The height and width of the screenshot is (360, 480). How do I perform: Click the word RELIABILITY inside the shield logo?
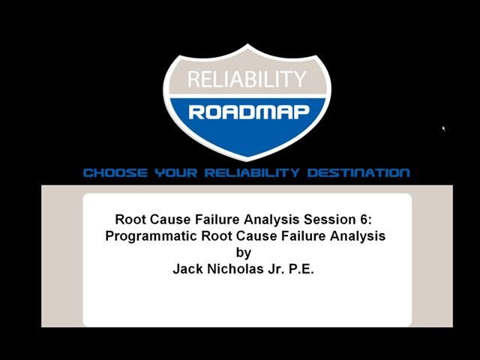click(x=247, y=79)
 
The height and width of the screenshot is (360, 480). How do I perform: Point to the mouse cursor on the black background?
click(x=443, y=128)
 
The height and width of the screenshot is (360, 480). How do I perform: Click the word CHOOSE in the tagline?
click(x=115, y=173)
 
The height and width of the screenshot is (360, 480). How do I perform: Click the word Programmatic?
click(x=148, y=235)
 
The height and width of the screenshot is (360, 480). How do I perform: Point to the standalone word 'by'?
click(x=243, y=253)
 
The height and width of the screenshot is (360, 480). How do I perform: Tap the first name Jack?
click(x=187, y=268)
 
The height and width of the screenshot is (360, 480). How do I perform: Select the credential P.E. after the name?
click(x=301, y=268)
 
